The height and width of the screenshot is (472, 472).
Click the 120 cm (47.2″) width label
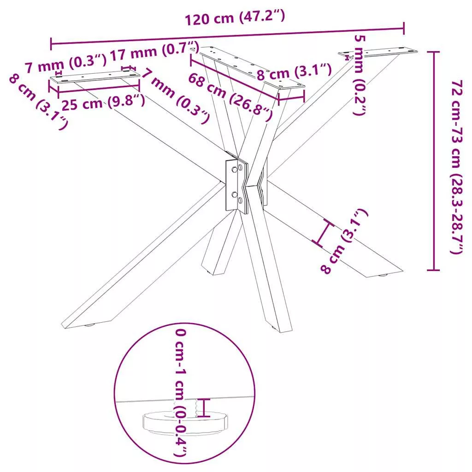coord(235,17)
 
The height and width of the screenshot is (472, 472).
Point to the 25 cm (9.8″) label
coord(103,103)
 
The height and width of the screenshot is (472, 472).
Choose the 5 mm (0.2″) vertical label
coord(360,75)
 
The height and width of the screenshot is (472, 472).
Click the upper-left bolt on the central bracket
coord(234,170)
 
